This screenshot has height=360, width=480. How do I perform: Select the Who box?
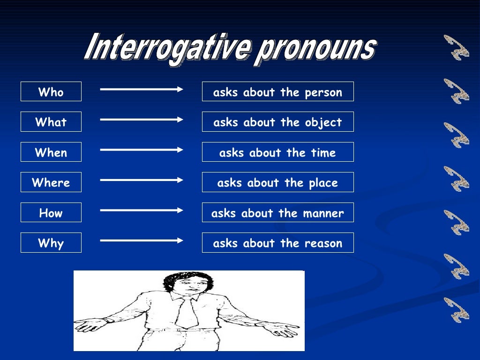point(51,92)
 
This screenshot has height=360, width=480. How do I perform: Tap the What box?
point(51,122)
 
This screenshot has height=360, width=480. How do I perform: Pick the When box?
point(51,152)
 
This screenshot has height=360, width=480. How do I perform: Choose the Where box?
point(51,182)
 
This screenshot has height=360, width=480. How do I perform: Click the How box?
point(51,213)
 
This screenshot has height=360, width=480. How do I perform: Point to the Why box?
point(51,243)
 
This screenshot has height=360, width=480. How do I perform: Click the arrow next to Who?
point(141,88)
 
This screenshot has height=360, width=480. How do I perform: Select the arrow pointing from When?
point(141,150)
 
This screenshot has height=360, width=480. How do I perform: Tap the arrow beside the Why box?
point(141,240)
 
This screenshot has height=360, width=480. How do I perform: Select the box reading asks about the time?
point(277,152)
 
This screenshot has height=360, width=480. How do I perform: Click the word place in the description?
point(323,183)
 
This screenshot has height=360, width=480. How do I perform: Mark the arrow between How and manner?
point(141,210)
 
